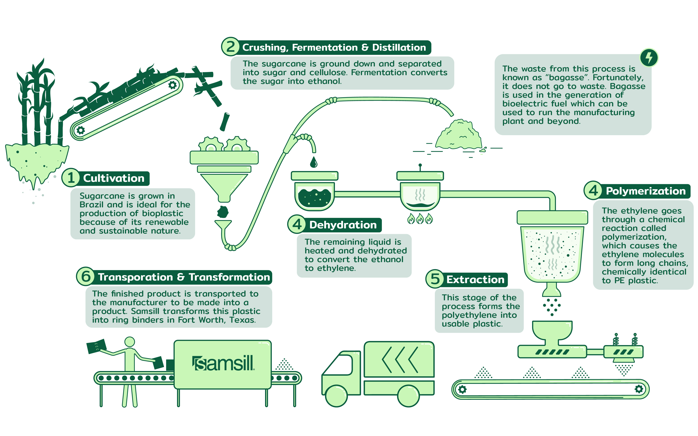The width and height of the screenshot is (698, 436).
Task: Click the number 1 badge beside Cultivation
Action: click(71, 178)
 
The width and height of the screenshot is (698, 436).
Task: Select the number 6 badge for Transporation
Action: click(85, 277)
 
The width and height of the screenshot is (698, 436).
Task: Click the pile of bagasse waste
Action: click(459, 136)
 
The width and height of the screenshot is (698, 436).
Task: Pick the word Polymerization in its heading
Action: click(645, 191)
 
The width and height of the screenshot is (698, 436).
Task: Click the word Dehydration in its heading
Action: click(343, 225)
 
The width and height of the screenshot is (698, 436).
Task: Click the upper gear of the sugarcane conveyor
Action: click(172, 85)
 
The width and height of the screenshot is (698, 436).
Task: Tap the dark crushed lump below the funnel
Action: click(223, 212)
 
